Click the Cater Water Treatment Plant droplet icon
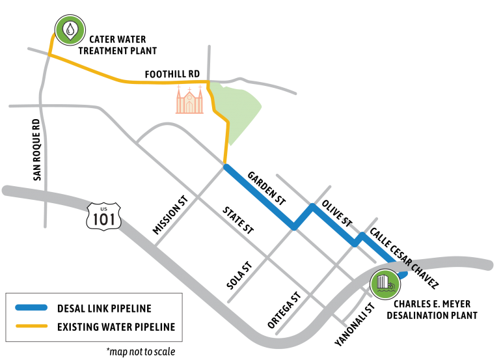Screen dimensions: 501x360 coord(70,30)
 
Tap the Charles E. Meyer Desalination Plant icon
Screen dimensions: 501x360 coord(385,284)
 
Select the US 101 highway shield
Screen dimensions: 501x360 coord(104,216)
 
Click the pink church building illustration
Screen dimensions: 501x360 coord(189,100)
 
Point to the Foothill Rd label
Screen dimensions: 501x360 coord(172,74)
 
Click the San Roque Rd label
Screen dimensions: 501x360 coord(37,150)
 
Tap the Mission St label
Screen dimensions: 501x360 coord(170,215)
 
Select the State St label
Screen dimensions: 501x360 coord(238,221)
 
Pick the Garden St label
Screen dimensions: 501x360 coord(267,188)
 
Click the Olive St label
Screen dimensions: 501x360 coord(337,214)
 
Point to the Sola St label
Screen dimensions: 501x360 coord(239,275)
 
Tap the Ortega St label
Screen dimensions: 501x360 coord(284,310)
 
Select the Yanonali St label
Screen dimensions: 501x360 coord(355,324)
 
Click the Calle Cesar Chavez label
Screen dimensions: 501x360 coord(404,258)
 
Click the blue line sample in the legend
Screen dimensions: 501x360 coord(31,308)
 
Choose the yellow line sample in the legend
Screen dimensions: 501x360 coord(31,326)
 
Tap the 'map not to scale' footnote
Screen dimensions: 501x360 coord(141,352)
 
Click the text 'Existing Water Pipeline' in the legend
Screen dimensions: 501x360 coord(116,327)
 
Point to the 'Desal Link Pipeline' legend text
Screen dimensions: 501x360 coord(104,309)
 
